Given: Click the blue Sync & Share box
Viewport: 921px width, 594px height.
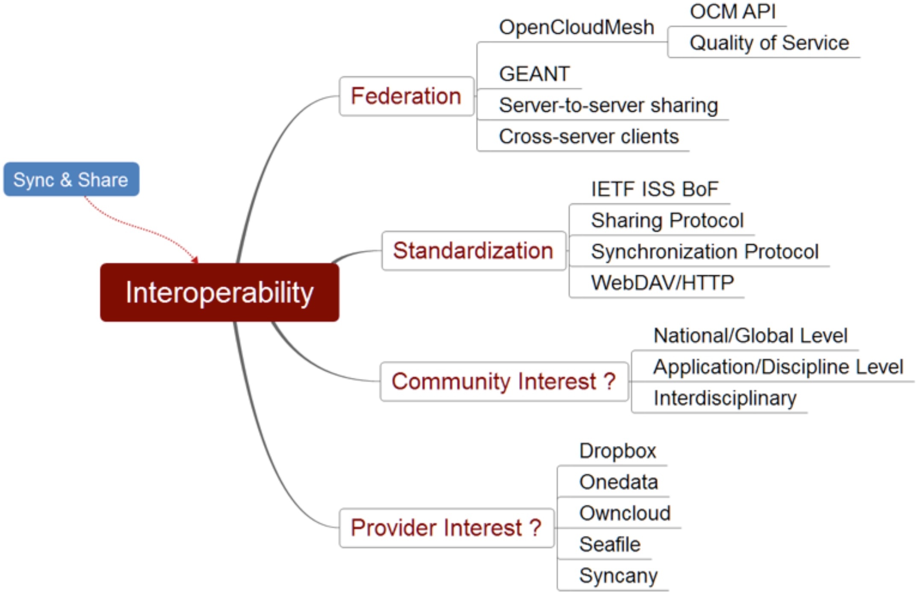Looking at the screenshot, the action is (71, 179).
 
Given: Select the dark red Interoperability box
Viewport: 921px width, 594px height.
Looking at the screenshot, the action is (220, 293).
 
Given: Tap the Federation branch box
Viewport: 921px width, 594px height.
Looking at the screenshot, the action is (407, 96).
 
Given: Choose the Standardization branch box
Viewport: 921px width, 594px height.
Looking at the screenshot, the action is (474, 251).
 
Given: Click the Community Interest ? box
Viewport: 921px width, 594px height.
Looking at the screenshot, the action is (504, 381).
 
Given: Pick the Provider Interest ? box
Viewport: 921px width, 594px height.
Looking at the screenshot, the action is (446, 528).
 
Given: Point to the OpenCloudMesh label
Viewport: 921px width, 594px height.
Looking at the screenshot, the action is (577, 27).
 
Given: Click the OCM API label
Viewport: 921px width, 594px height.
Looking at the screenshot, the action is (733, 12).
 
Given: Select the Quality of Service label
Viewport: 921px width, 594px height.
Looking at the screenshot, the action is (769, 43).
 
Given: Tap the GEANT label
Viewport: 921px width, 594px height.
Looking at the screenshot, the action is (534, 74).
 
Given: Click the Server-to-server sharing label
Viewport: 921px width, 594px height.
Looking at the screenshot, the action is (608, 105).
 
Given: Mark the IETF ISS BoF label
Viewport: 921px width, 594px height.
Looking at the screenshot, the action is (655, 189).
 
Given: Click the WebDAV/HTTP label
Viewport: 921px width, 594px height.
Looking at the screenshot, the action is (663, 283).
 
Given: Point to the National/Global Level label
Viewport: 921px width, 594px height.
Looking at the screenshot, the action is (750, 336).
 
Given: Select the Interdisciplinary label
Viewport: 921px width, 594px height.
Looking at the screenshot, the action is (725, 398).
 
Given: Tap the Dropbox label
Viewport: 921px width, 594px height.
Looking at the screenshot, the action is (618, 451).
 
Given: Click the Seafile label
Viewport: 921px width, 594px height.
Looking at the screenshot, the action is (610, 544).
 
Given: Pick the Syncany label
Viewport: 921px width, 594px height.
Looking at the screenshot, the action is (619, 576).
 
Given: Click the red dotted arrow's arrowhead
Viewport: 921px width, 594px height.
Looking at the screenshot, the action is (195, 260).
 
